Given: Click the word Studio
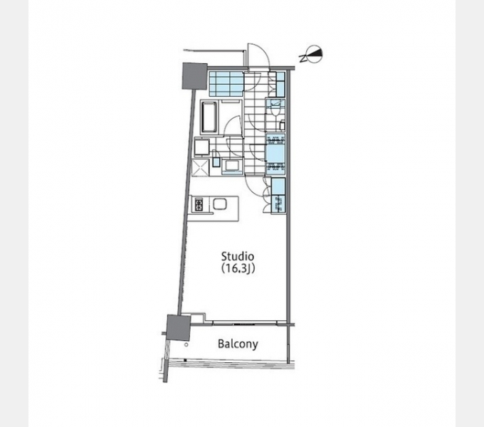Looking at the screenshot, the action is point(238,256).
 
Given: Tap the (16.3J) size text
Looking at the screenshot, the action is point(238,269).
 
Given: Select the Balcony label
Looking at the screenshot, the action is point(238,344).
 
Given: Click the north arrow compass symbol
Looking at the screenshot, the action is point(312,55).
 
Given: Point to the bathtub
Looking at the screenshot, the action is point(210,117).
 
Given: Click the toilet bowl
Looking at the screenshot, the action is point(275,109).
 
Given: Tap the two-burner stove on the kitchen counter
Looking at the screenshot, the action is point(199,204).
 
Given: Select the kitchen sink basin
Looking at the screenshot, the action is point(221,204).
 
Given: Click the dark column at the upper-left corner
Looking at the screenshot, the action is point(194,76).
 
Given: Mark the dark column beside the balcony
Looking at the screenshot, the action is point(179,327).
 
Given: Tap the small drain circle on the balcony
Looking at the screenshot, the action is point(186,344).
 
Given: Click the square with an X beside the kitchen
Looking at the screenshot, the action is point(201,167).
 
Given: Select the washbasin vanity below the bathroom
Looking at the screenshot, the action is point(231,166).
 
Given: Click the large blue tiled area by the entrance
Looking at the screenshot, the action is point(226,83).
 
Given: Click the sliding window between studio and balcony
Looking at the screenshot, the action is point(245,323).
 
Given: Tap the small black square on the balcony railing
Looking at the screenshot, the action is point(185,360).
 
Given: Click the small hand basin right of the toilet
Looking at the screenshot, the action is point(282,125).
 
